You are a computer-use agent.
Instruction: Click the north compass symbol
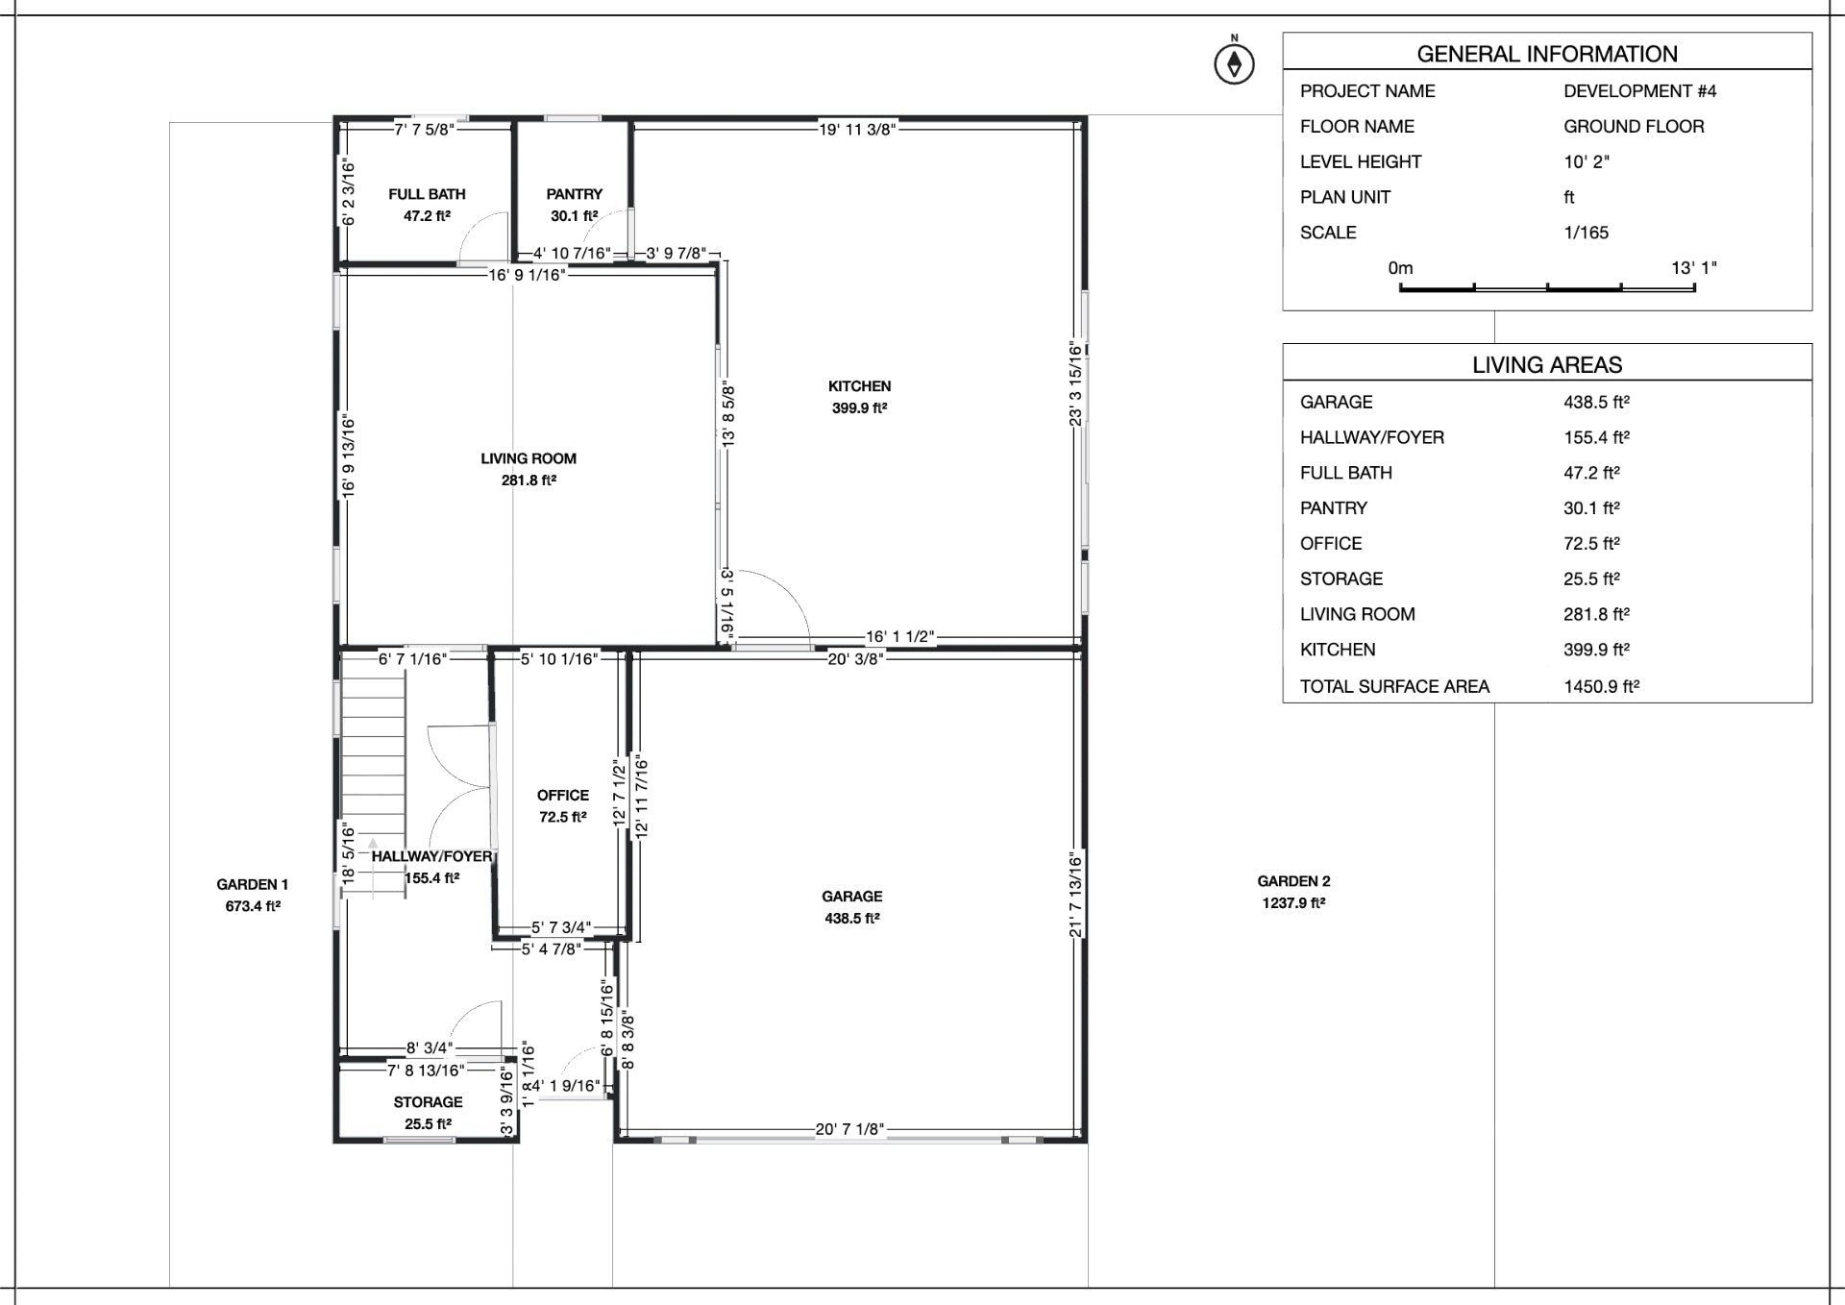pyautogui.click(x=1234, y=63)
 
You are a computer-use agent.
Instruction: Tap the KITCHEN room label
pyautogui.click(x=859, y=386)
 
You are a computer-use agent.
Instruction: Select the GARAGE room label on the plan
pyautogui.click(x=851, y=897)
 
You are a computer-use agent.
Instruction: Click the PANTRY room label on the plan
pyautogui.click(x=574, y=194)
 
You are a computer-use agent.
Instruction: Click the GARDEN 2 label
pyautogui.click(x=1293, y=881)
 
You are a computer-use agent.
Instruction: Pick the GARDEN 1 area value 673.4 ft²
pyautogui.click(x=253, y=906)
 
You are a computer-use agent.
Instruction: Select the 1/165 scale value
pyautogui.click(x=1586, y=233)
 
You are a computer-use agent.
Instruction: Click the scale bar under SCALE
pyautogui.click(x=1547, y=286)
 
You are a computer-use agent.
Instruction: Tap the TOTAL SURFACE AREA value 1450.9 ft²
pyautogui.click(x=1601, y=686)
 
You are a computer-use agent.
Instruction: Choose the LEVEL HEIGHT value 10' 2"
pyautogui.click(x=1586, y=161)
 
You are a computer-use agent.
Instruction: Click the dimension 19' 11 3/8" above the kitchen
pyautogui.click(x=856, y=130)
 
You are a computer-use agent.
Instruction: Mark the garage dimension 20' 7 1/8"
pyautogui.click(x=849, y=1129)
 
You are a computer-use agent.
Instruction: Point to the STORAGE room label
pyautogui.click(x=428, y=1102)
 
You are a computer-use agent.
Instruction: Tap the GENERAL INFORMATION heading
pyautogui.click(x=1546, y=54)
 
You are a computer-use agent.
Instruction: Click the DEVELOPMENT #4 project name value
pyautogui.click(x=1639, y=91)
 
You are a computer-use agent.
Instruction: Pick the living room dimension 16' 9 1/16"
pyautogui.click(x=527, y=275)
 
